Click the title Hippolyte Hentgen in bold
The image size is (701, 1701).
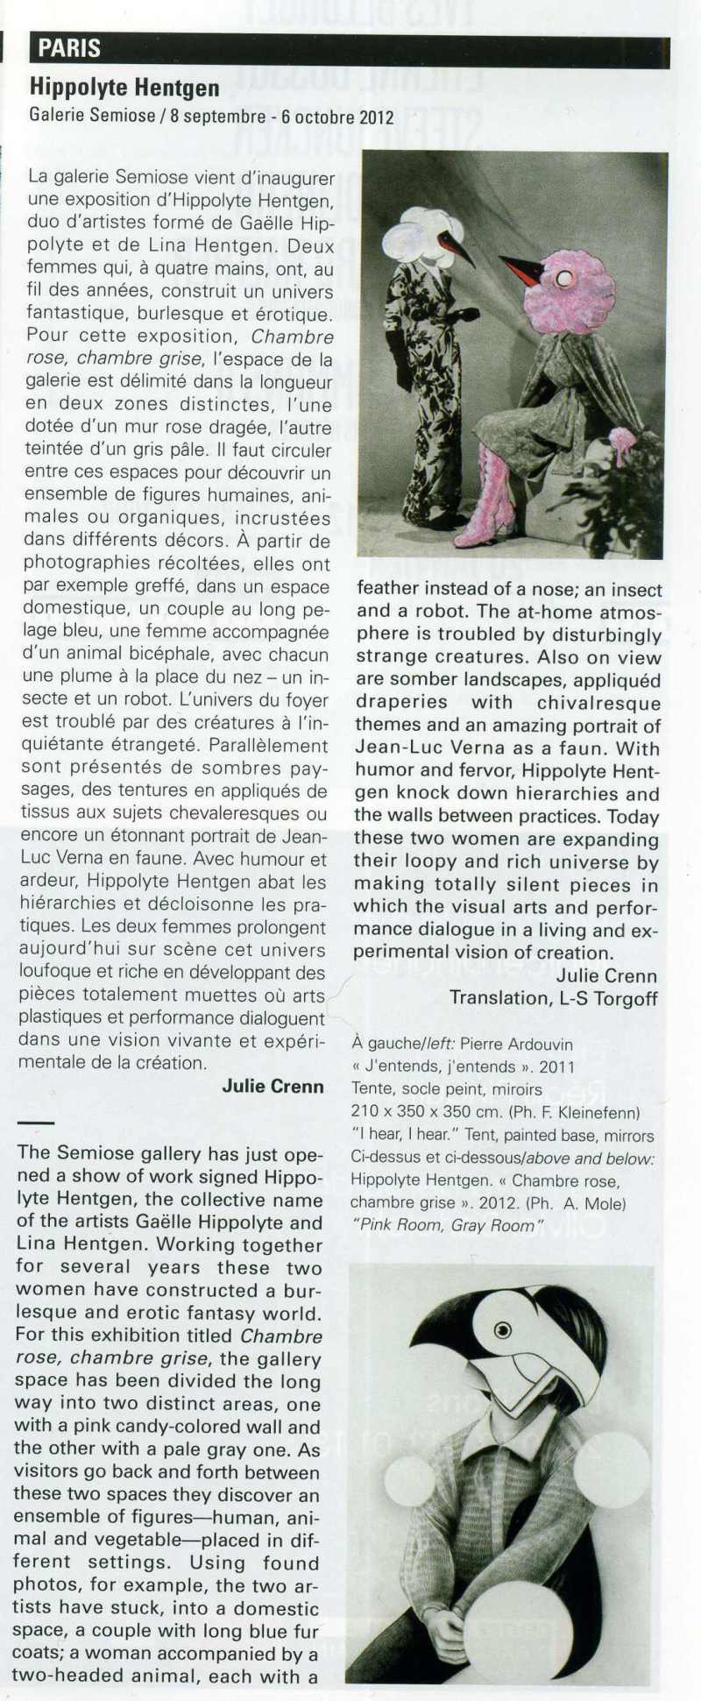point(124,87)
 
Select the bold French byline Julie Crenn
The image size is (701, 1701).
point(273,1087)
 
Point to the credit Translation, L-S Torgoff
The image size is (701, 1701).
point(553,998)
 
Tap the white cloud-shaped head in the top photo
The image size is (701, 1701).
point(415,235)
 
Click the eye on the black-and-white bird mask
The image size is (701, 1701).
point(503,1330)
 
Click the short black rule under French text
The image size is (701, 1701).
point(35,1123)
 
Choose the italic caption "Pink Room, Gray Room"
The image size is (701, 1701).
point(447,1225)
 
